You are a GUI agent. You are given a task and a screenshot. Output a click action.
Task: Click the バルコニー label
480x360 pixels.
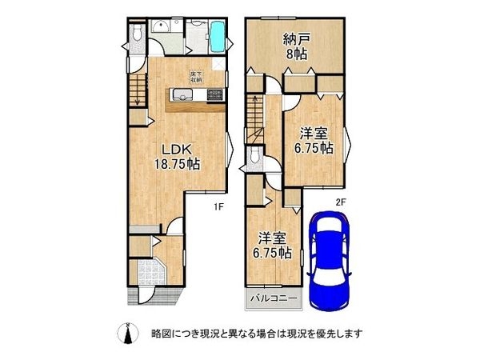tap(271, 299)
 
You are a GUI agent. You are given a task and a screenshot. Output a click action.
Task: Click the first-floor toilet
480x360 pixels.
tap(138, 33)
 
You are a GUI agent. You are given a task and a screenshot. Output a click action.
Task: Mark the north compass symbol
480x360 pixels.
tap(126, 332)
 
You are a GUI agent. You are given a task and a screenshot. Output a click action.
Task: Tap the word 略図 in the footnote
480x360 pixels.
tap(161, 333)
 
